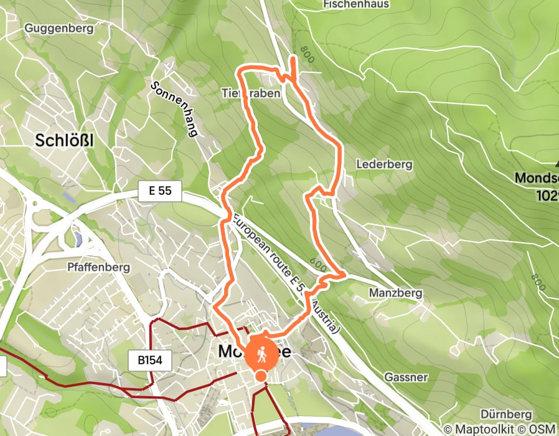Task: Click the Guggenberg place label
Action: tap(59, 28)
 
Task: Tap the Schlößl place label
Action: tap(65, 141)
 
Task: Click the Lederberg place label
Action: tap(385, 165)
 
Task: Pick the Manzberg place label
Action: tap(395, 293)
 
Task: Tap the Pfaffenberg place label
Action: tap(98, 267)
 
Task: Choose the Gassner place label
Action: tap(406, 377)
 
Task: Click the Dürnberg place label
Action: tap(506, 414)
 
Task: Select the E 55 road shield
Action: tap(160, 192)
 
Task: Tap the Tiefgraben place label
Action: tap(251, 93)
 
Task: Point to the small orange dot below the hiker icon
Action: tap(261, 376)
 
